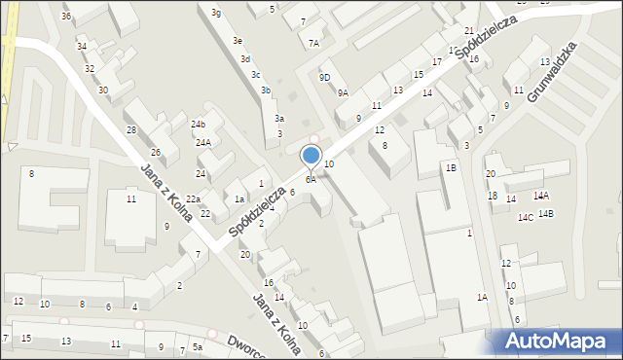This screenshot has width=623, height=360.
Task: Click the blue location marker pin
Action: click(311, 156)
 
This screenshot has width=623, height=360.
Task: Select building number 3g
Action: click(216, 13)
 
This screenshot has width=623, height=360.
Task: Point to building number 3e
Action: click(237, 41)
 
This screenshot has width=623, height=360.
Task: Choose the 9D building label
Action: click(324, 78)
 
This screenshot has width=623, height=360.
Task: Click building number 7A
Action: click(313, 43)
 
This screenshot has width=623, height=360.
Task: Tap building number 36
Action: click(66, 17)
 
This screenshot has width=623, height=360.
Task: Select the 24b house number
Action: click(199, 125)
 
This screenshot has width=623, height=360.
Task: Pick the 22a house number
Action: click(194, 198)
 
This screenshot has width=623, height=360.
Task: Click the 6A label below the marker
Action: click(311, 179)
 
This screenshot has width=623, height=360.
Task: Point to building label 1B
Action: click(451, 167)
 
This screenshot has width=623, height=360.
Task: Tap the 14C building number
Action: click(526, 218)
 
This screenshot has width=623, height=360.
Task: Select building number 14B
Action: click(545, 213)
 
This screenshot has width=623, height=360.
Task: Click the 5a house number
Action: click(197, 346)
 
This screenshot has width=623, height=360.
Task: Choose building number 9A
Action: click(343, 93)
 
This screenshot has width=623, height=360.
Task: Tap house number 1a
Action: click(238, 198)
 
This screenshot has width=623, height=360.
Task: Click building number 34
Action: click(82, 47)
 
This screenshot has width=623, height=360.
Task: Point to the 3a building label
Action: click(279, 118)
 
